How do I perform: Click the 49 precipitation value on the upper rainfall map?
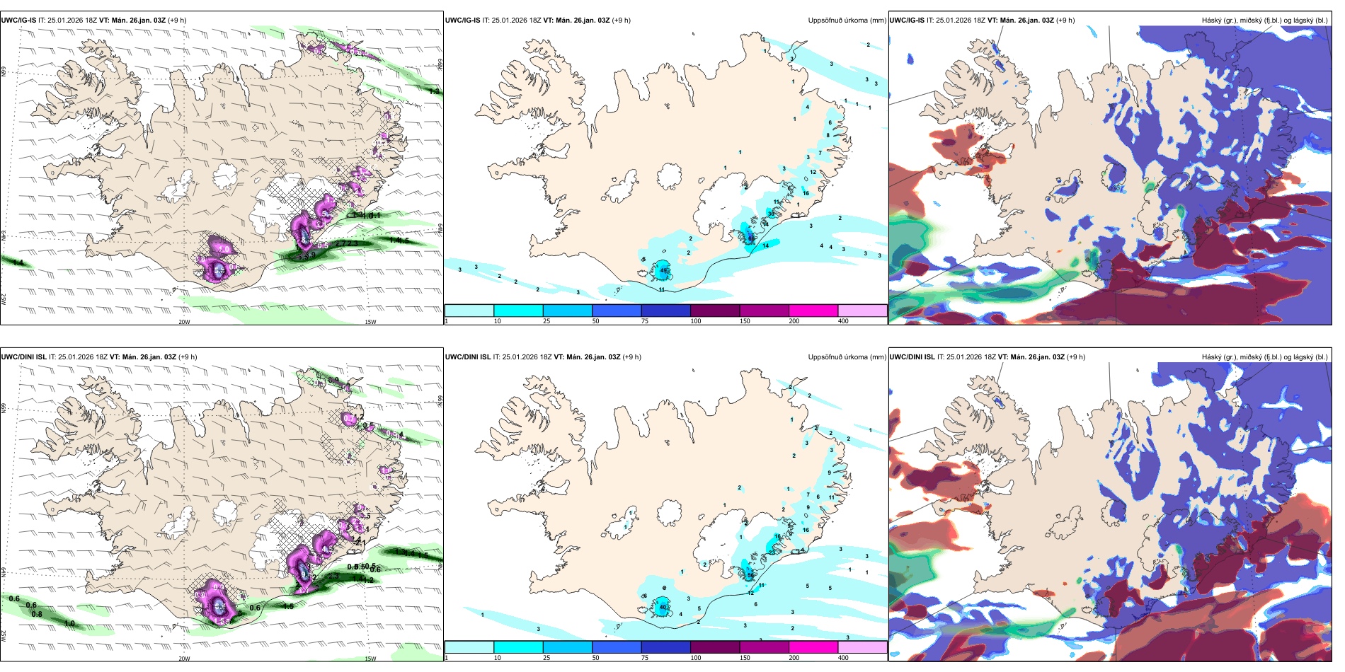(664, 270)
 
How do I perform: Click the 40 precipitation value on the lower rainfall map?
(664, 607)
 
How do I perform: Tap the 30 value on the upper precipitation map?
(771, 213)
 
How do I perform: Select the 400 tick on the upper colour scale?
(843, 321)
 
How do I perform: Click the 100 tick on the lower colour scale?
(696, 658)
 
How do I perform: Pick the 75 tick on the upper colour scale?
(644, 321)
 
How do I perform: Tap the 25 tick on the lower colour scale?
(546, 658)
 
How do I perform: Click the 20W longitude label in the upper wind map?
(184, 322)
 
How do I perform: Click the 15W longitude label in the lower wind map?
(370, 659)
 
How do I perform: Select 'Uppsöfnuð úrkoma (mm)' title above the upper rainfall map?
(847, 21)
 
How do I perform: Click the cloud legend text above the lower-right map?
(1264, 357)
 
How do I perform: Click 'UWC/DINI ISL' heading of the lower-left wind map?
(23, 357)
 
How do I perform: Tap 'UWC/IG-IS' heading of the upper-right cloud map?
(906, 21)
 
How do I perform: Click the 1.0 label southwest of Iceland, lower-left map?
(69, 624)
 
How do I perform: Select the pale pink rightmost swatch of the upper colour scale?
(862, 311)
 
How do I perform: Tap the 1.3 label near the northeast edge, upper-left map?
(434, 91)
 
